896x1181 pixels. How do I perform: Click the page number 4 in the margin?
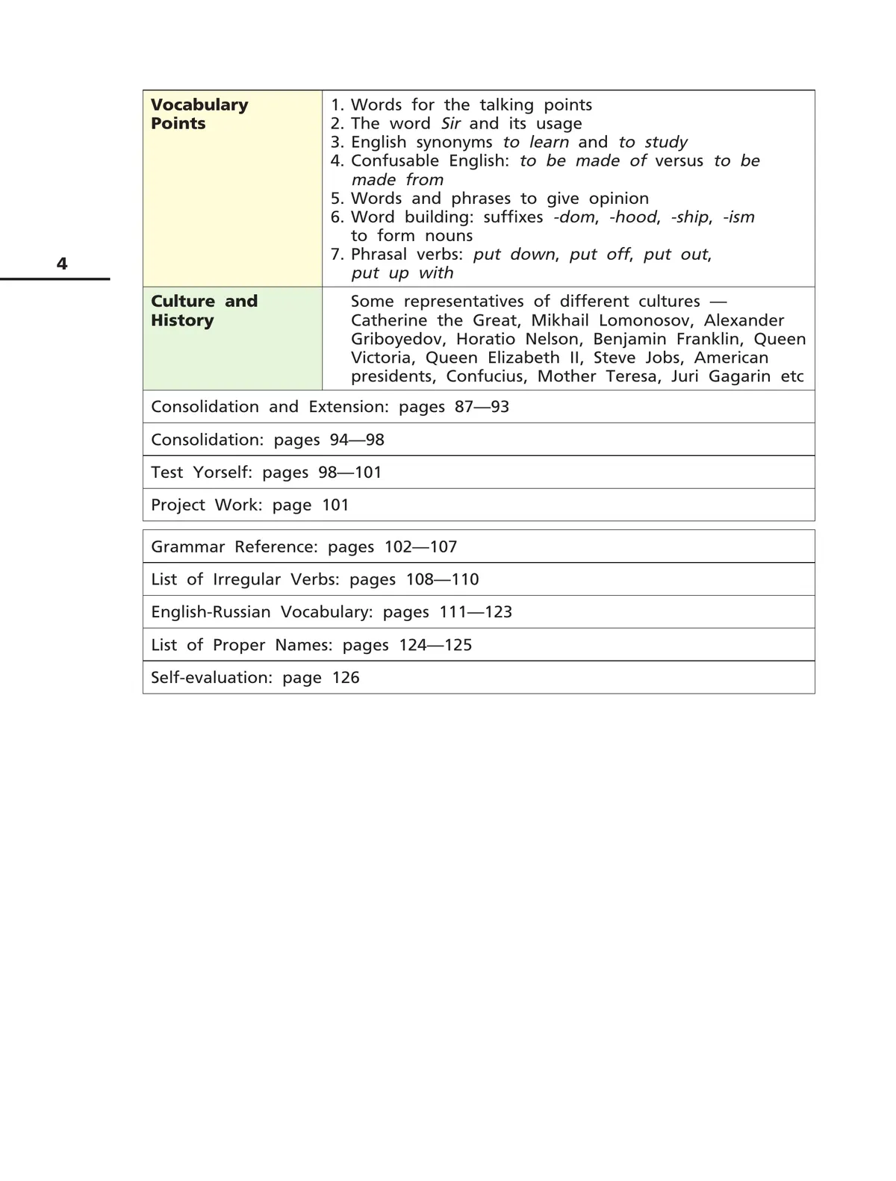coord(62,264)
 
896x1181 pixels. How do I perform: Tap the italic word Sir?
coord(450,124)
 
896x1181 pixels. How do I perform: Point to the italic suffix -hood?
coord(634,217)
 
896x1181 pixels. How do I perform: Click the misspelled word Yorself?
coord(223,473)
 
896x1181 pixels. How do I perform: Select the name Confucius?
coord(486,376)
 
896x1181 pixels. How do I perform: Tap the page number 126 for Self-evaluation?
coord(346,678)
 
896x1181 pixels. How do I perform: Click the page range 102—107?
coord(420,547)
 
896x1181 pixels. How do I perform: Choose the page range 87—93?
coord(482,407)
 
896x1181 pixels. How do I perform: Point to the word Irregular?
coord(246,580)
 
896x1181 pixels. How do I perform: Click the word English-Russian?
coord(211,612)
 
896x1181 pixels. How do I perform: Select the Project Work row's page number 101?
coord(335,505)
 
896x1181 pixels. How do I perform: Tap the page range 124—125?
coord(435,645)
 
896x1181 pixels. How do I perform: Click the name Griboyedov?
coord(398,339)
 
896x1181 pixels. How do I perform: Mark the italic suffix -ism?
coord(738,217)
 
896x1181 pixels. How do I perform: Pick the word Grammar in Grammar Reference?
coord(187,547)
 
